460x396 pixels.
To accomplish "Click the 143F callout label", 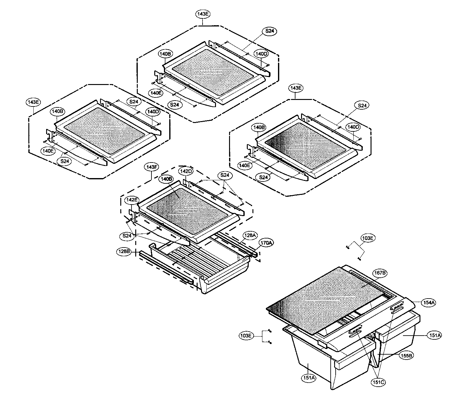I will coord(151,167).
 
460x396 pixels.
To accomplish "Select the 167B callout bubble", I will coord(380,273).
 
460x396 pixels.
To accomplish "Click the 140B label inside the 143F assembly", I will coord(166,179).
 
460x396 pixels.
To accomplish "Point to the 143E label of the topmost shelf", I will coord(203,14).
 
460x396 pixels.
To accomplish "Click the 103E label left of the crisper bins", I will coord(246,336).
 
